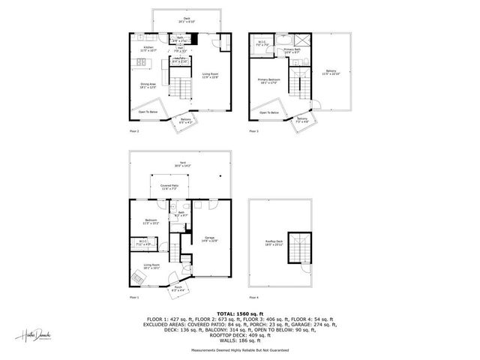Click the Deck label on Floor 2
(x=186, y=19)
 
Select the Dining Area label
(x=148, y=85)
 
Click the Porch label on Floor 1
(x=178, y=286)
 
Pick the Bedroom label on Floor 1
(x=149, y=221)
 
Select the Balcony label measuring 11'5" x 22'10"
(x=331, y=73)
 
